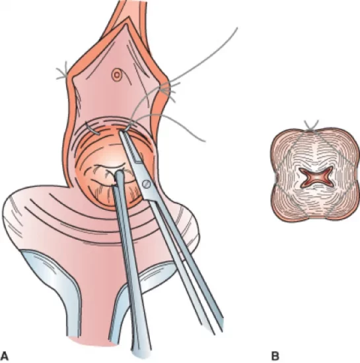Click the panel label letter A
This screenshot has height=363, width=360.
click(5, 355)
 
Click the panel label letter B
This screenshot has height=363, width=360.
click(275, 355)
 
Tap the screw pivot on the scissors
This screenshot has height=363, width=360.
click(147, 184)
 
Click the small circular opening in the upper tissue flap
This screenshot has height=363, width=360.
click(116, 75)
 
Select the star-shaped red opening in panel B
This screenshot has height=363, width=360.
click(316, 178)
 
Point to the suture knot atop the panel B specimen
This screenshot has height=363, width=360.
click(312, 127)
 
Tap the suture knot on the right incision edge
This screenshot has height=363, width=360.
click(168, 90)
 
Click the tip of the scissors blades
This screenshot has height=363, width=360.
click(121, 132)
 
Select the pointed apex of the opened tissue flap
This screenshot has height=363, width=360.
click(126, 22)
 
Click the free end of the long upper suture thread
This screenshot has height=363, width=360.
click(237, 28)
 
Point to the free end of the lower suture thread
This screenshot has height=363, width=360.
click(205, 141)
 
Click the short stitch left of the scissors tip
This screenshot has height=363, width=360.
click(92, 129)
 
